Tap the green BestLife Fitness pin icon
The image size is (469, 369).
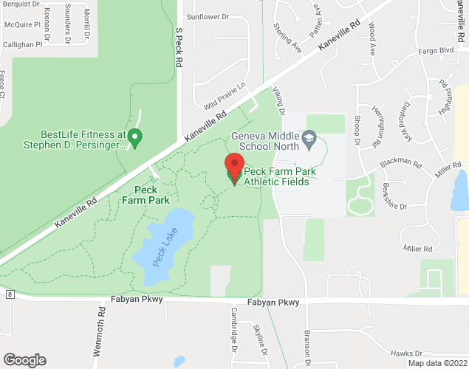pos(134,137)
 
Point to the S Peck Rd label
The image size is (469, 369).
pos(179,49)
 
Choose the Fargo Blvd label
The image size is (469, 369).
pos(435,51)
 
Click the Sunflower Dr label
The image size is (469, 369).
pos(209,16)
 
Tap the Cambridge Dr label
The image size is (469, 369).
pos(233,330)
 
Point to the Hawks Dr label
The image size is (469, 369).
pos(408,354)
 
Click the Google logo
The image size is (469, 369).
pos(24,360)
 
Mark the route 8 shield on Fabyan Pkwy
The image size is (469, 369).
pos(10,294)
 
